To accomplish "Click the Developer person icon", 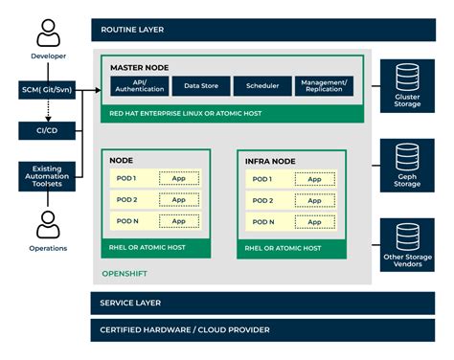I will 46,34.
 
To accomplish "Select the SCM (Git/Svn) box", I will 46,90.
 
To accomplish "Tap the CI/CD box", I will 46,130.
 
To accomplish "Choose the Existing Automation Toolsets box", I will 46,176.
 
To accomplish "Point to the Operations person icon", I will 46,224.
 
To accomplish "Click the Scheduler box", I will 261,86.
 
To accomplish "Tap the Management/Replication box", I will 323,86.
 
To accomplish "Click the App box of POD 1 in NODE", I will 178,179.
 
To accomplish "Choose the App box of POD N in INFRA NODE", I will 313,220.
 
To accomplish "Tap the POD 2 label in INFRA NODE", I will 261,200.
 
